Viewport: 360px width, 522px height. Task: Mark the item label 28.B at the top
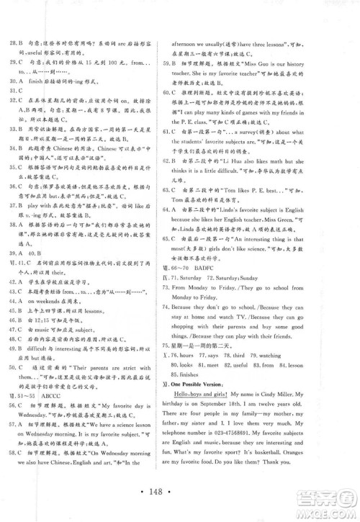pyautogui.click(x=20, y=22)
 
